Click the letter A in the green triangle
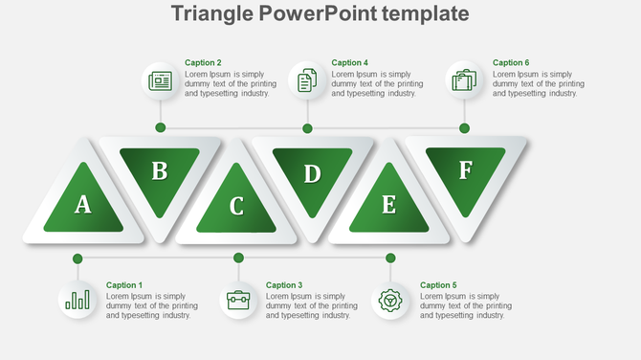pyautogui.click(x=83, y=204)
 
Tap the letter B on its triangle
pyautogui.click(x=160, y=171)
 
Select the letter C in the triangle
pyautogui.click(x=236, y=206)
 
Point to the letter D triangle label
pyautogui.click(x=312, y=174)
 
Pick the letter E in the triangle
pyautogui.click(x=388, y=205)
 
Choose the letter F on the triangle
pyautogui.click(x=465, y=170)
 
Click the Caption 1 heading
pyautogui.click(x=123, y=285)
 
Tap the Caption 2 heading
pyautogui.click(x=203, y=63)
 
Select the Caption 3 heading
pyautogui.click(x=284, y=285)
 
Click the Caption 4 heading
pyautogui.click(x=349, y=63)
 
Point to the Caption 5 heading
pyautogui.click(x=438, y=285)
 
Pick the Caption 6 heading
pyautogui.click(x=511, y=63)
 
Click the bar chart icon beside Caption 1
pyautogui.click(x=77, y=301)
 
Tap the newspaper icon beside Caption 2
pyautogui.click(x=160, y=81)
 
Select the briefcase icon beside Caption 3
pyautogui.click(x=238, y=301)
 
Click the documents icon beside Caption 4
pyautogui.click(x=307, y=80)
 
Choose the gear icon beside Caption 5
pyautogui.click(x=390, y=301)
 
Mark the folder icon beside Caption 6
pyautogui.click(x=464, y=80)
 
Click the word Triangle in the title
pyautogui.click(x=211, y=13)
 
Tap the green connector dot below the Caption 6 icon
pyautogui.click(x=464, y=127)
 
